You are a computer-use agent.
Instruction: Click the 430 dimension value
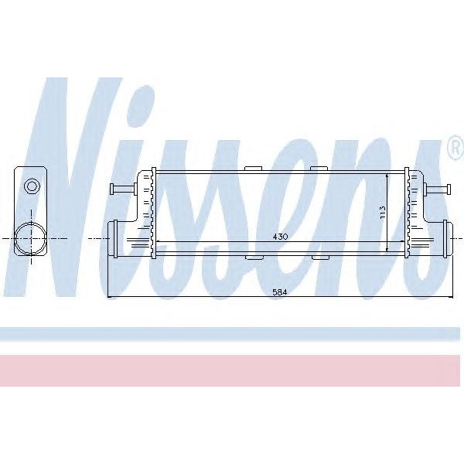click(279, 237)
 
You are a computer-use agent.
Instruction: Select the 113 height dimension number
click(381, 213)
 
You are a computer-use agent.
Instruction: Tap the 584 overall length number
click(279, 292)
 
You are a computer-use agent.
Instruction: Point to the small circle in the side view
click(32, 186)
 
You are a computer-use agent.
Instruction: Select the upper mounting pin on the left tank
click(121, 188)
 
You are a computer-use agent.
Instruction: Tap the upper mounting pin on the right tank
click(437, 188)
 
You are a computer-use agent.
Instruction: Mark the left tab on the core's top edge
click(252, 168)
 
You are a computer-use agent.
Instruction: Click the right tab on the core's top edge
click(318, 168)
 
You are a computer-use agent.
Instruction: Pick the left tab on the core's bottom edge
click(252, 257)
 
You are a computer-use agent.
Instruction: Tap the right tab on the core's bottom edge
click(318, 257)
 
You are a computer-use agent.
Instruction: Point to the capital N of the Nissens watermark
click(77, 186)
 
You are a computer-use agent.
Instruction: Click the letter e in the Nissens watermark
click(310, 217)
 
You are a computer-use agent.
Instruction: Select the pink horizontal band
click(232, 370)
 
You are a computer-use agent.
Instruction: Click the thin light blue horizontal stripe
click(232, 333)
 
